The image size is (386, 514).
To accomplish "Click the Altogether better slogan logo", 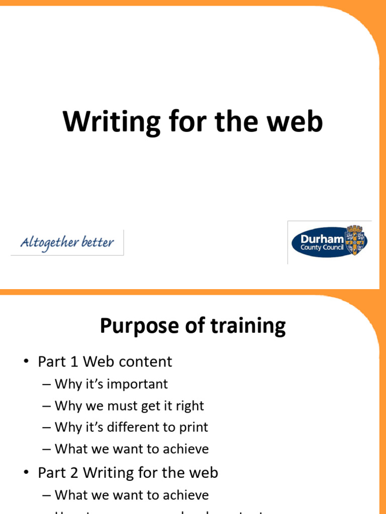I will coord(67,243).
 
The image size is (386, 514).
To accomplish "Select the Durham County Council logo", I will coord(329,242).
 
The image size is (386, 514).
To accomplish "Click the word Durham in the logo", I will coord(322,238).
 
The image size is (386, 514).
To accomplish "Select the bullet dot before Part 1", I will coord(26,362).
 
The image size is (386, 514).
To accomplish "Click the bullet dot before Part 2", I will coord(26,473).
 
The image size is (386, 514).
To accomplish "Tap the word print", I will coord(193,427).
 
